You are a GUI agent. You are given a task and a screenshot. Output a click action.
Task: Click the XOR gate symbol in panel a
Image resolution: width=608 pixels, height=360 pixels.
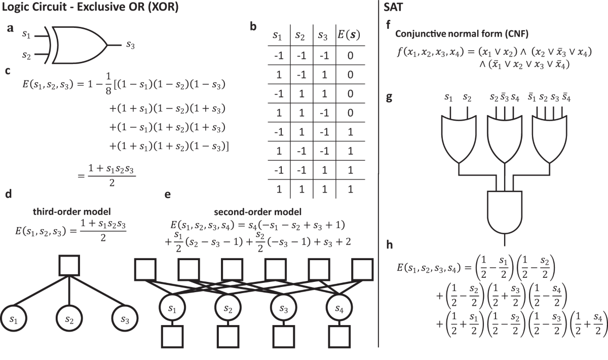[x=79, y=45]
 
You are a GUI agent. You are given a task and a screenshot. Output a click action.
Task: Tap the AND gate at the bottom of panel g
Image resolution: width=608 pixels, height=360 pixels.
[x=505, y=210]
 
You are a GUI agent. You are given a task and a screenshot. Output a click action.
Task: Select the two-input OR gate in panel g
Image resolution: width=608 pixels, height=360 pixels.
[x=459, y=137]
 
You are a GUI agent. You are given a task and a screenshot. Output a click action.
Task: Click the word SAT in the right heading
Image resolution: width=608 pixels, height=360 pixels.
[x=394, y=8]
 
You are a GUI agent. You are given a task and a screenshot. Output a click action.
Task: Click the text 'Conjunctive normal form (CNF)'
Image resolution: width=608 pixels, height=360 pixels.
[x=454, y=35]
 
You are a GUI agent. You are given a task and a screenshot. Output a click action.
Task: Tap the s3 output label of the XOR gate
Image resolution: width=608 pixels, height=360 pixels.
[x=131, y=45]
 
